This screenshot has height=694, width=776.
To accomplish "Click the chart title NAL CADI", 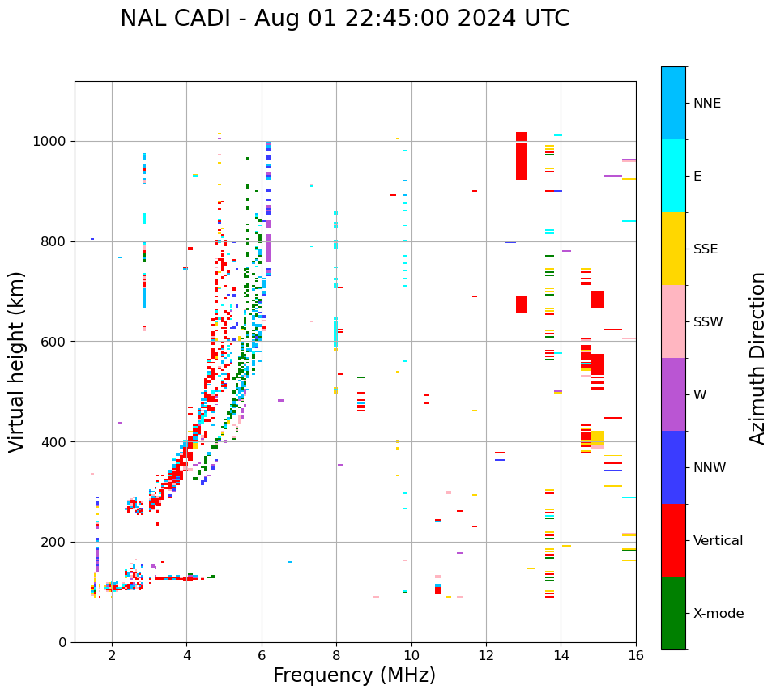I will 344,19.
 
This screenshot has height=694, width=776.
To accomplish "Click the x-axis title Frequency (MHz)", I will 354,675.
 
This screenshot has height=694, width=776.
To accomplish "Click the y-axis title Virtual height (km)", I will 17,361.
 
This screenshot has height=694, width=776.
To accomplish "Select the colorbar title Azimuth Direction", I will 757,357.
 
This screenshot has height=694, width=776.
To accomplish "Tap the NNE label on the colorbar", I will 706,104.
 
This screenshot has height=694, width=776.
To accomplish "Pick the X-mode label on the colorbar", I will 718,614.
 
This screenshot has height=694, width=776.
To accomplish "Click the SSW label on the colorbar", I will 708,322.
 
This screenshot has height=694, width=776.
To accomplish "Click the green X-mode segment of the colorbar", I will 673,613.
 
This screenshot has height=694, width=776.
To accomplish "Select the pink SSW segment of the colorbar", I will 673,321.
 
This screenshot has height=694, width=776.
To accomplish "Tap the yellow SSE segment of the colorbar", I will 673,249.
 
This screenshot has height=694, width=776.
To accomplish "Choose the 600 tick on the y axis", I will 53,342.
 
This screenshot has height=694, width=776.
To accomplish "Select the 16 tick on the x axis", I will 636,655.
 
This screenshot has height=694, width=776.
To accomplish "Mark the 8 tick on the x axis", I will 336,655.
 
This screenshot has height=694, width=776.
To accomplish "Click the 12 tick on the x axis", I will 486,655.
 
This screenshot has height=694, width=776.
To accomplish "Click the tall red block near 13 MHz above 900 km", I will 521,155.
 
